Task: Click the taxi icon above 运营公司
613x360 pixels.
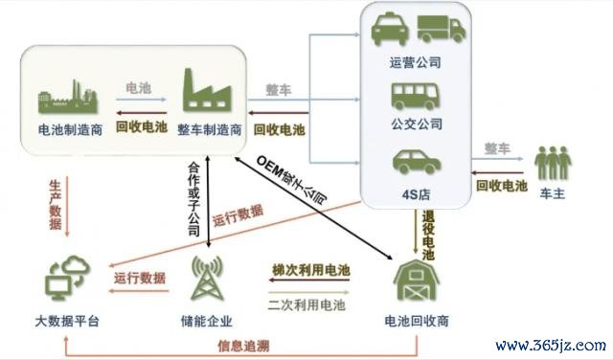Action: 390,29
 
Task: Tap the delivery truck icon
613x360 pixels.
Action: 441,29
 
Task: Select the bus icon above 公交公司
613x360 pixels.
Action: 415,96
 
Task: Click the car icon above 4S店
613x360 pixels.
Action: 417,162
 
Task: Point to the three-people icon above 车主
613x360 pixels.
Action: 553,163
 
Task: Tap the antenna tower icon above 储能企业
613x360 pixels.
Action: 207,278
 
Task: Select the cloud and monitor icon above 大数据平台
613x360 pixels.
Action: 67,278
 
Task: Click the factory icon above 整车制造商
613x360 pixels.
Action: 207,89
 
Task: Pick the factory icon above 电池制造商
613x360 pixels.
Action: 67,97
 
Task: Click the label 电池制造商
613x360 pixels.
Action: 70,129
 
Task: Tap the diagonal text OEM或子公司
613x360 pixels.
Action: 291,179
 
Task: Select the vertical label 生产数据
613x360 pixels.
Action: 56,205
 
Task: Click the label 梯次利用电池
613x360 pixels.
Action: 310,270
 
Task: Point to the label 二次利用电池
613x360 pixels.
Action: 306,304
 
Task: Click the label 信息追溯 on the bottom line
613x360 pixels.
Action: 243,346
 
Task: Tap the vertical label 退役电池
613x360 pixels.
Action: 428,236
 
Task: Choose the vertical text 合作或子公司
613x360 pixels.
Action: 194,199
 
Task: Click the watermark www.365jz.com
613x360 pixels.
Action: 551,345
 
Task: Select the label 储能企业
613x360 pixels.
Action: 207,321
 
